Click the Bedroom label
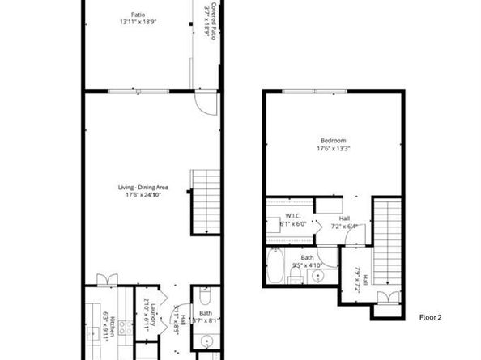[332, 140]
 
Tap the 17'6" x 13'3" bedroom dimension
[332, 148]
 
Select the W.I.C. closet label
[293, 215]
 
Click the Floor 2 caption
[430, 316]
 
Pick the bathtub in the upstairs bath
[275, 266]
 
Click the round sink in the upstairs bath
[321, 277]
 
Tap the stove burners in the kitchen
[126, 329]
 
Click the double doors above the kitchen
[107, 279]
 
